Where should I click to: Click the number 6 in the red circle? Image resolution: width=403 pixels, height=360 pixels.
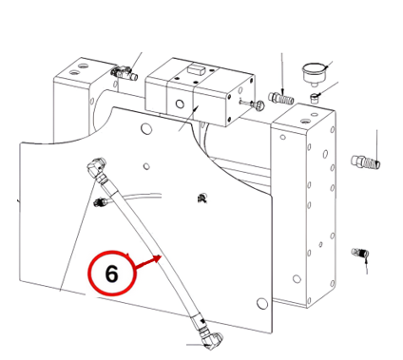coord(111,274)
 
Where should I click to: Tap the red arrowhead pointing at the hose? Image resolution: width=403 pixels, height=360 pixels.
coord(158,258)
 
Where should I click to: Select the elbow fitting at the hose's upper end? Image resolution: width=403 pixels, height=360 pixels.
coord(96,167)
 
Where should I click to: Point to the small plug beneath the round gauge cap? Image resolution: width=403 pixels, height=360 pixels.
coord(315,98)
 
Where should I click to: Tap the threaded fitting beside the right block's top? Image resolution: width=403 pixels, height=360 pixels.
coord(281,98)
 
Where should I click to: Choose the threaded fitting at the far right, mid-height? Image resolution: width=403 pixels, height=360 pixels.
coord(366,162)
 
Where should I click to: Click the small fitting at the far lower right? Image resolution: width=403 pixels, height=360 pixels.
coord(360,253)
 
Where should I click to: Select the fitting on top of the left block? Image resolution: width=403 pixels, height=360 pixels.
coord(124,72)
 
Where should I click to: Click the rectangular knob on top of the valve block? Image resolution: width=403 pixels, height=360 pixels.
coord(196,68)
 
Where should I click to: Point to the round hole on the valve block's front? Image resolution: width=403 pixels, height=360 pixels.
coord(181,104)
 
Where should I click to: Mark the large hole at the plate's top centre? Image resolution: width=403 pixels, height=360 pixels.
coord(146,128)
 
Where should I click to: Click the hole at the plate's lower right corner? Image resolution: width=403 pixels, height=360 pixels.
coord(261,303)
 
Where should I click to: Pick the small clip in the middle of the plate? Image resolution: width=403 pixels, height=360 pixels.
coord(201,199)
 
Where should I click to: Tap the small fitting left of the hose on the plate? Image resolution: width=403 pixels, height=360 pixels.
coord(102,201)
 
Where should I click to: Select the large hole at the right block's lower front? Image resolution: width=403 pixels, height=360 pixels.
coord(297,279)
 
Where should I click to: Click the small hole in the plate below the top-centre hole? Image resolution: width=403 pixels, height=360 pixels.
coord(146,166)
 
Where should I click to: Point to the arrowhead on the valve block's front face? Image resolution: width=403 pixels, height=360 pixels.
coord(196,109)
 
